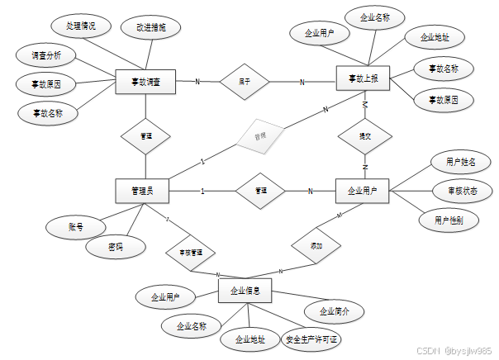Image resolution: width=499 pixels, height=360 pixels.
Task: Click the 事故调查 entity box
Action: click(145, 82)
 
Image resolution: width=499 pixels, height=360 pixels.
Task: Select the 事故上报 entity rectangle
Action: click(364, 79)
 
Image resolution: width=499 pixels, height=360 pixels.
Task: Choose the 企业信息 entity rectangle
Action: click(245, 290)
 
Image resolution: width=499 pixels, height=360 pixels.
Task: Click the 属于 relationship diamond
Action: click(245, 82)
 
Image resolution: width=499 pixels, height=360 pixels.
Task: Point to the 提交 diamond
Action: click(364, 135)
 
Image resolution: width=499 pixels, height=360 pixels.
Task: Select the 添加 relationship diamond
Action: click(316, 246)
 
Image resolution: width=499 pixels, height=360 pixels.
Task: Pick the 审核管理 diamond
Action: click(192, 251)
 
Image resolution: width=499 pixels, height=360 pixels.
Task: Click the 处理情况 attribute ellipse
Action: click(81, 26)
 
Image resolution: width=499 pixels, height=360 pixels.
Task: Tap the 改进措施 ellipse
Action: click(151, 27)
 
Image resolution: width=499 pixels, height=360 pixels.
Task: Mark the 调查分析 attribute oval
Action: click(46, 56)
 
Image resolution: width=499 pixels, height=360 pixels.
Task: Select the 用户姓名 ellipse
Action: click(455, 162)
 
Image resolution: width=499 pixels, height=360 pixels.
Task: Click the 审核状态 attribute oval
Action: click(462, 191)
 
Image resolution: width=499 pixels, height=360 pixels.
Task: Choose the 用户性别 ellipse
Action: click(449, 220)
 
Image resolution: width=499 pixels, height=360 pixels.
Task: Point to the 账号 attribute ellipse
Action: click(75, 225)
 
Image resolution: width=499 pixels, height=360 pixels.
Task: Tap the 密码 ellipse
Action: click(115, 246)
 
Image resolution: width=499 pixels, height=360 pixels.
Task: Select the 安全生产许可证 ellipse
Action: click(312, 339)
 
